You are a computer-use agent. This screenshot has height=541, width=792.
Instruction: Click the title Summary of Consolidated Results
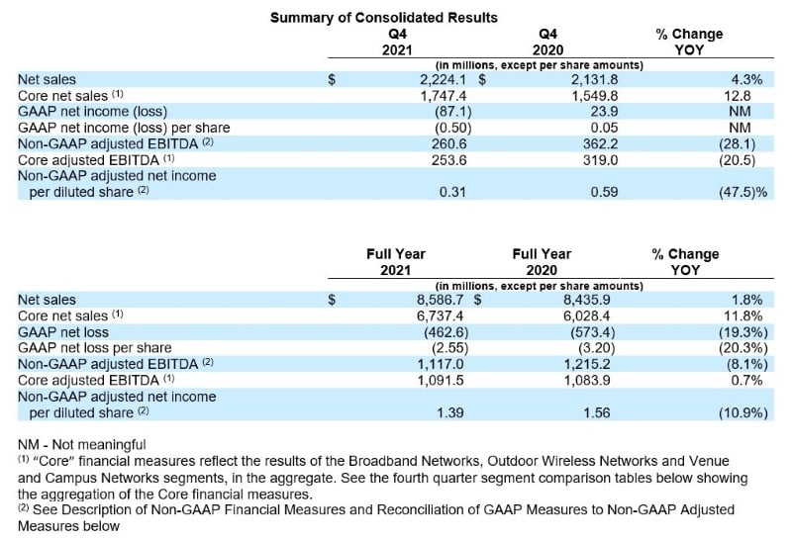tap(384, 17)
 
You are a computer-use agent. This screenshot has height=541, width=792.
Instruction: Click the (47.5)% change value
tap(735, 191)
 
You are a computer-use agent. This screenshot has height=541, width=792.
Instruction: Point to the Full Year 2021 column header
tap(395, 261)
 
